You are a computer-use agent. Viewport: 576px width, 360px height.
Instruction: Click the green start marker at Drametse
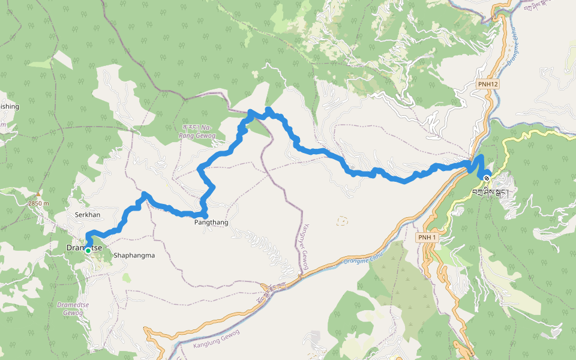[88, 251]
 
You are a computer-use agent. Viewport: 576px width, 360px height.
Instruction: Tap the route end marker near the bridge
[486, 178]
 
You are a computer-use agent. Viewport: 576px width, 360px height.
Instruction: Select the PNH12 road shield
[488, 85]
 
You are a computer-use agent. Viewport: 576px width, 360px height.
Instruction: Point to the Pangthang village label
[211, 222]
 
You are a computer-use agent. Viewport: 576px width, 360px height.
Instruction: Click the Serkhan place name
[87, 214]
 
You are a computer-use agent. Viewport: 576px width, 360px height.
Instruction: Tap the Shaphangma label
[134, 255]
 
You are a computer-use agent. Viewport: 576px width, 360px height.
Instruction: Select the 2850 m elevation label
[37, 203]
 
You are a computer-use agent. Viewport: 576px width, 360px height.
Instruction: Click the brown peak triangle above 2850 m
[38, 194]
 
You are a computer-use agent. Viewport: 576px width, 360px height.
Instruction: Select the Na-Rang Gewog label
[197, 131]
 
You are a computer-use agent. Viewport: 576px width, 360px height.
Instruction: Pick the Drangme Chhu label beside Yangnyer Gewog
[362, 259]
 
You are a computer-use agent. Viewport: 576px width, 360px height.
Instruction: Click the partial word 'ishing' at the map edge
[10, 107]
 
